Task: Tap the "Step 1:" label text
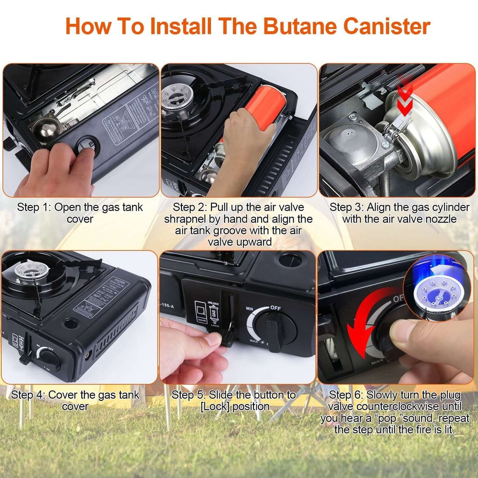[34, 207]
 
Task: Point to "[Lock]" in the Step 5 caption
[214, 406]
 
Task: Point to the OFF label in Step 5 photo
[275, 308]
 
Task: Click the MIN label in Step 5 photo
[249, 309]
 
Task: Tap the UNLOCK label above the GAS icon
[213, 303]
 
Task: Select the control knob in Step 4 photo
[49, 359]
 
